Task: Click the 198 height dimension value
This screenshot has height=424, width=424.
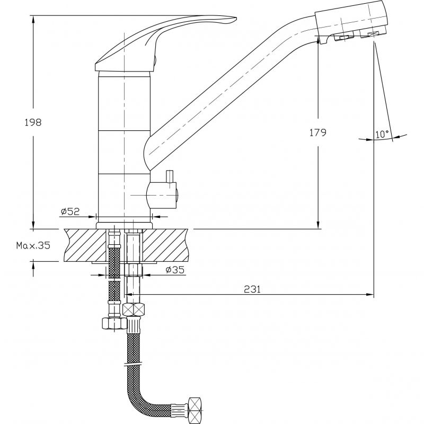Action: pyautogui.click(x=33, y=122)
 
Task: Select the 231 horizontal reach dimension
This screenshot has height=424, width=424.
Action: pyautogui.click(x=252, y=289)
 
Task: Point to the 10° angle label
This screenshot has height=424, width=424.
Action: pyautogui.click(x=382, y=135)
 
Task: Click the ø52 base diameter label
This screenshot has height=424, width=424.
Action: pyautogui.click(x=70, y=211)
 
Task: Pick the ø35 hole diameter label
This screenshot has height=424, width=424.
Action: pyautogui.click(x=175, y=270)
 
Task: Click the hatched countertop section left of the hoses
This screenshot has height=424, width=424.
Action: pyautogui.click(x=85, y=245)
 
